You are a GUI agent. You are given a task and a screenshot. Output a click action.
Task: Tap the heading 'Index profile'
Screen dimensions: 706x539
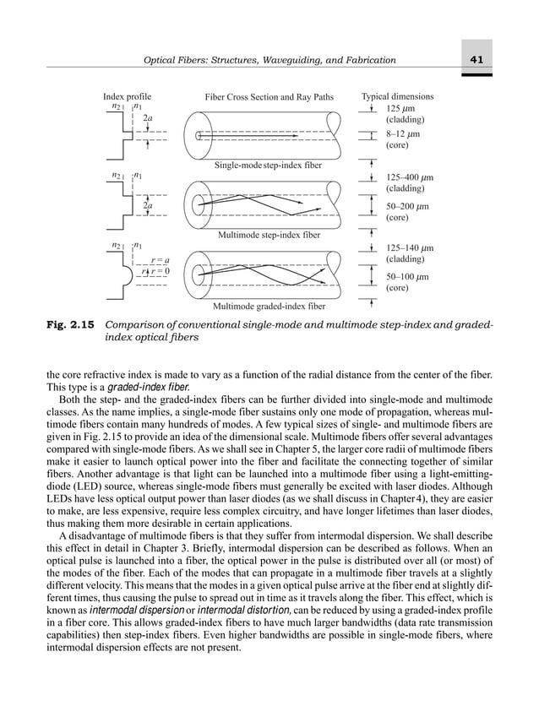pyautogui.click(x=127, y=97)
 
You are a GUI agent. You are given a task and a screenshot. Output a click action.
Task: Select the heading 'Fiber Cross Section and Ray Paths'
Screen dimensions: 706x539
pyautogui.click(x=269, y=97)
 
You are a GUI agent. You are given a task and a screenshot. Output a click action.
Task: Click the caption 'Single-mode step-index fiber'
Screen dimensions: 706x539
pyautogui.click(x=269, y=165)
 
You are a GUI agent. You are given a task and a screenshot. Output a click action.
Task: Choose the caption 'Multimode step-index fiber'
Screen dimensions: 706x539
pyautogui.click(x=269, y=235)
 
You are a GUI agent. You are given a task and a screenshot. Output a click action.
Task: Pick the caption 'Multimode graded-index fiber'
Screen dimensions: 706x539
pyautogui.click(x=269, y=305)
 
